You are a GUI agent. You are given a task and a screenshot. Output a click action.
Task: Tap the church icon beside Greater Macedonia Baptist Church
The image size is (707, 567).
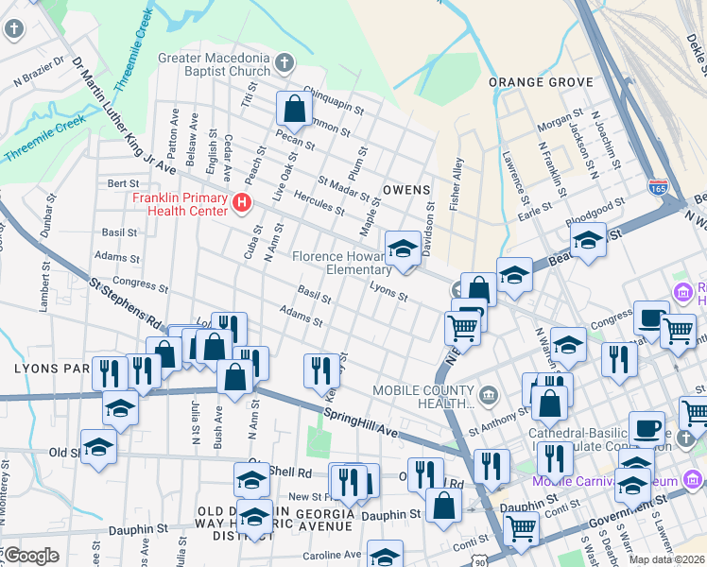tap(285, 63)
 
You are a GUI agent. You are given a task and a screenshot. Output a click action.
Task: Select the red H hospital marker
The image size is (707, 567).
tap(242, 202)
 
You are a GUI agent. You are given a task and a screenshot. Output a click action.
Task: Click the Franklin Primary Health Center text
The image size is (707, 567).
tap(180, 203)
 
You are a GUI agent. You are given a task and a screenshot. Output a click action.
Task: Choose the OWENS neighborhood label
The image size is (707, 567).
tap(406, 190)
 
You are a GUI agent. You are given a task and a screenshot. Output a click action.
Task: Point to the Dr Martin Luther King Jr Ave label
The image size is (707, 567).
tap(123, 114)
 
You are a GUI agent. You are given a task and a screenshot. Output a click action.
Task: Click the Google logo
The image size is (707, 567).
tap(30, 556)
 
